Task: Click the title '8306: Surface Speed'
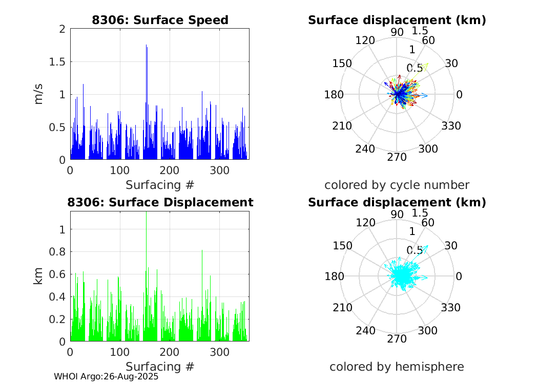(x=160, y=20)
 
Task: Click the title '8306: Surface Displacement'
(x=160, y=202)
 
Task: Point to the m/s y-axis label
(x=39, y=95)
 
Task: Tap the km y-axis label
(x=39, y=276)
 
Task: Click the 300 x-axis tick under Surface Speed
(x=220, y=170)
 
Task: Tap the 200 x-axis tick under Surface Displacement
(x=171, y=352)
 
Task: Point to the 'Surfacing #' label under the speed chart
(x=160, y=184)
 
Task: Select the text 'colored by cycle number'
(x=397, y=185)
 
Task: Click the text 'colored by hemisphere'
(x=397, y=367)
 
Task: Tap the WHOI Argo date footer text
(x=106, y=376)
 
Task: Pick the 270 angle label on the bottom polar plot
(x=397, y=339)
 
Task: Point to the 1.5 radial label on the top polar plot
(x=420, y=31)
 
